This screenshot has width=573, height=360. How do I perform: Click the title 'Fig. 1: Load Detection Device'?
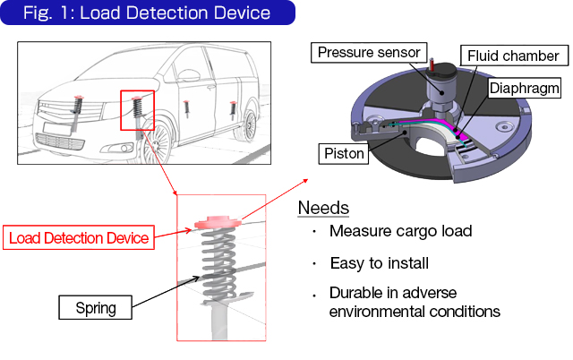[x=147, y=13]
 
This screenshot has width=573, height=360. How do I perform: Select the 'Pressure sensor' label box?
[x=369, y=53]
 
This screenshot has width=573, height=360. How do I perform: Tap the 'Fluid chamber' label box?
[x=513, y=56]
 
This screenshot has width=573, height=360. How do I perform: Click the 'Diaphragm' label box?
[x=525, y=89]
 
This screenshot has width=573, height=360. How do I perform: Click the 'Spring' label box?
[x=96, y=309]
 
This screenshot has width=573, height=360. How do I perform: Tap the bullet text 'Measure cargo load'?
[x=400, y=232]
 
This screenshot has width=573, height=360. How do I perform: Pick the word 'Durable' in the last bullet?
[x=355, y=295]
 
